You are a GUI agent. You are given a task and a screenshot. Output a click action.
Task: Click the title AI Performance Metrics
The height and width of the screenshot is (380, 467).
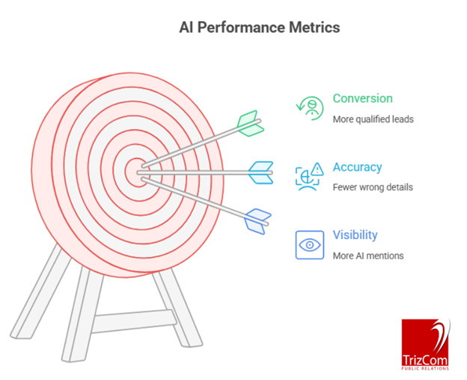[x=259, y=28]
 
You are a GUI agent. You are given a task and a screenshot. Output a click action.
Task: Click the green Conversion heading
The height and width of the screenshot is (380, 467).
[x=362, y=99]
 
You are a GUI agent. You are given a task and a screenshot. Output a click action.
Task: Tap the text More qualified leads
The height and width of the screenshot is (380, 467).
[x=373, y=118]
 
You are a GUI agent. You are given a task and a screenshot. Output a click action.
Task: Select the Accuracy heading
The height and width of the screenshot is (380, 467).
[x=357, y=167]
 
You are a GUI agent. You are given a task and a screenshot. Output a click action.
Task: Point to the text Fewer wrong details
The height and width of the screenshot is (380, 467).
[x=372, y=187]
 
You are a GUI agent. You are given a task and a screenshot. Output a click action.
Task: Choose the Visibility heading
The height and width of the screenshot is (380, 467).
[x=355, y=235]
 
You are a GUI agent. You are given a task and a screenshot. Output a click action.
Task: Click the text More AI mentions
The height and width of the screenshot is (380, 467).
[x=367, y=256]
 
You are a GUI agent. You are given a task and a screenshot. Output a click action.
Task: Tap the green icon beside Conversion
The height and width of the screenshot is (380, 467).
[x=309, y=108]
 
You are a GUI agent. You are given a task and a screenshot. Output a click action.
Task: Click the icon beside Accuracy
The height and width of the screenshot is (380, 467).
[x=309, y=177]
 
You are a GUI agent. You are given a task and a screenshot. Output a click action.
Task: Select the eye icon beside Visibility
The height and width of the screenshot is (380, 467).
[x=309, y=244]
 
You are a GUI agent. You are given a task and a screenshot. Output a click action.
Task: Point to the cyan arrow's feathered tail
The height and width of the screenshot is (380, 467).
[x=260, y=172]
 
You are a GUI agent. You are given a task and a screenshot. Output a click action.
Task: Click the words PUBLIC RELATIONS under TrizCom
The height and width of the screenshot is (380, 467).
[x=425, y=367]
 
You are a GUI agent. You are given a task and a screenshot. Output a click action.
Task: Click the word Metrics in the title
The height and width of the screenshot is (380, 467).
[x=315, y=28]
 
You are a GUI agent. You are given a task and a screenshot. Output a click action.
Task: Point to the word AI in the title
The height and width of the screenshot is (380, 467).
[x=186, y=28]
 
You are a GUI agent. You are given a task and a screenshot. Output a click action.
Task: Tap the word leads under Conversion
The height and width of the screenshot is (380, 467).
[x=401, y=118]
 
